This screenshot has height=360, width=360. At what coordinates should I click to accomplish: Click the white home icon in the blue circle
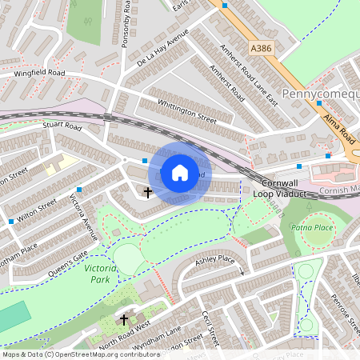point(180,172)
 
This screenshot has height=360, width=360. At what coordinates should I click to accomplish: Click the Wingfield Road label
point(38,73)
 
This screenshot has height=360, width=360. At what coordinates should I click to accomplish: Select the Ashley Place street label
point(214,260)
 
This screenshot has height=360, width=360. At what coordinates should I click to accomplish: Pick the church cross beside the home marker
point(147,192)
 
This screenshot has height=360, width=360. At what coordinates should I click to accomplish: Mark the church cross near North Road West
point(124,320)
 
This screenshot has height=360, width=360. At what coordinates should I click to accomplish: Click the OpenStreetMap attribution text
point(80,354)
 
